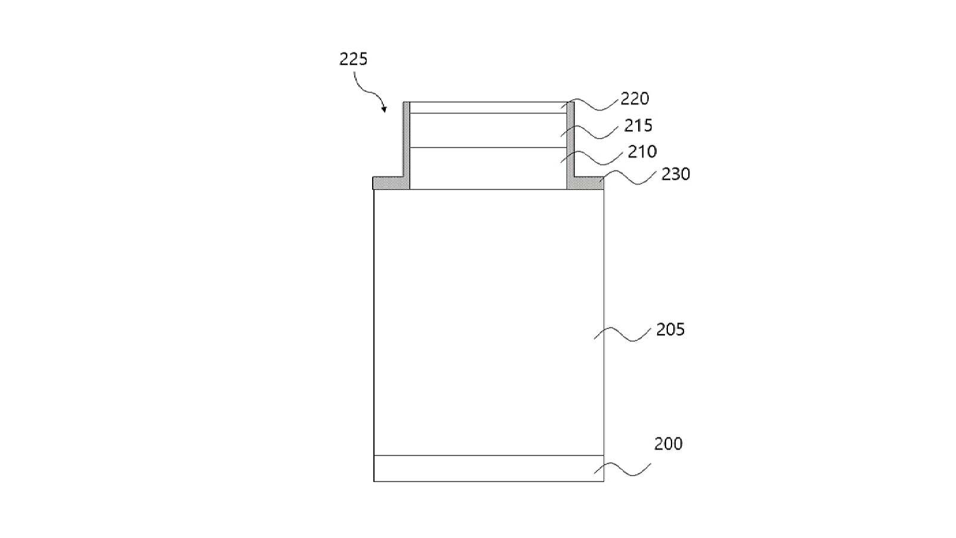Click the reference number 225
353,59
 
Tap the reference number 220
635,98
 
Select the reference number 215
639,125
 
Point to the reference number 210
642,151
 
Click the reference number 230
676,174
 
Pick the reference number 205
670,330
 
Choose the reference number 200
669,444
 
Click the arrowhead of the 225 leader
384,110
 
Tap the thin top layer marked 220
488,107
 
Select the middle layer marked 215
488,130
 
